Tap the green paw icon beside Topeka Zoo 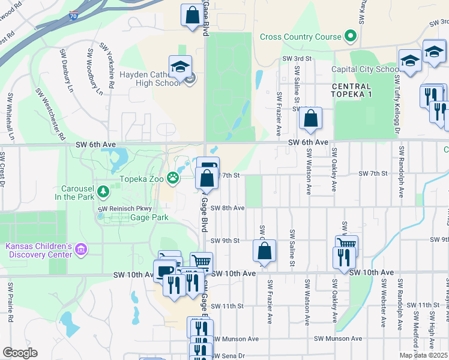coord(173,177)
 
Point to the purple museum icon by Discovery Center coord(81,248)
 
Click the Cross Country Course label coord(300,37)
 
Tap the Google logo coord(20,352)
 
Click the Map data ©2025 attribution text coord(423,355)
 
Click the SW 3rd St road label coord(298,59)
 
